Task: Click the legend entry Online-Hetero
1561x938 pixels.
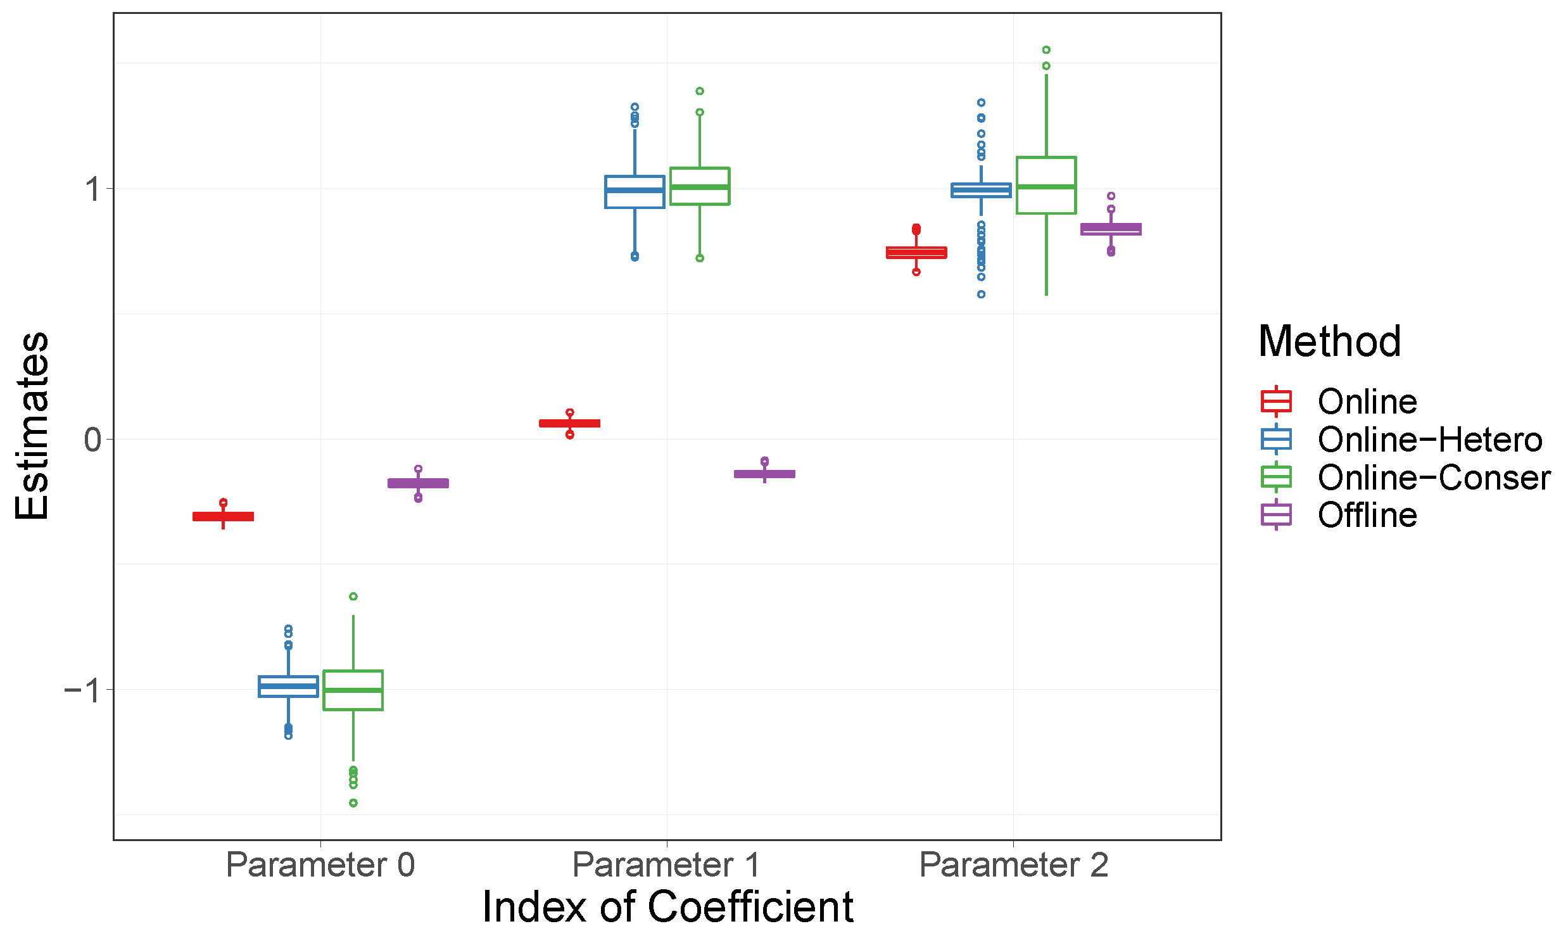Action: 1429,440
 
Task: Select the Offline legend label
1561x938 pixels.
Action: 1367,515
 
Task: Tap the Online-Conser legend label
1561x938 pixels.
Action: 1434,478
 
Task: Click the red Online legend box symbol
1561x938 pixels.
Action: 1275,402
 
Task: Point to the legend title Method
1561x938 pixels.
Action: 1329,341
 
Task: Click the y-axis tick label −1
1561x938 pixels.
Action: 83,690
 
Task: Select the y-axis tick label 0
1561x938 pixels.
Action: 92,440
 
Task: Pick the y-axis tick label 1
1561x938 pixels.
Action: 94,189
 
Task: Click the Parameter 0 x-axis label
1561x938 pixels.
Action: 320,865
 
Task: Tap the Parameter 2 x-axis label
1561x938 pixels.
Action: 1013,865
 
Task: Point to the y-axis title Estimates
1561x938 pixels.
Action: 32,426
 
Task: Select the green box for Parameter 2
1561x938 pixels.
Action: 1046,185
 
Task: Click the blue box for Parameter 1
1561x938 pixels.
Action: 635,192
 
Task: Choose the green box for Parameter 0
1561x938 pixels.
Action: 353,690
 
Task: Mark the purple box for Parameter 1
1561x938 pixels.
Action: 764,474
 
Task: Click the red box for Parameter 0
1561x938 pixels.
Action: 223,517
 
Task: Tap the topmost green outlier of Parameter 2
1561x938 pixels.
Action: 1046,50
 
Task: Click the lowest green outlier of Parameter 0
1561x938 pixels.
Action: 353,803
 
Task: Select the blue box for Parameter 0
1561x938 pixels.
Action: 288,687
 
